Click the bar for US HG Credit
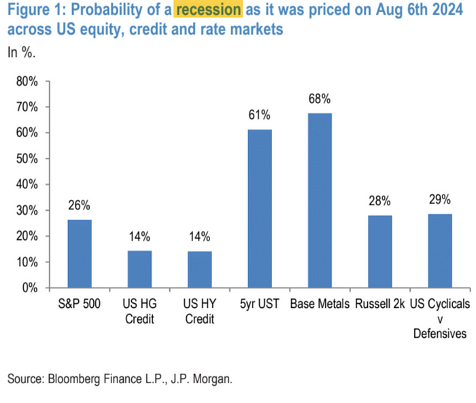(x=140, y=269)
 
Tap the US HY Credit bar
(x=199, y=269)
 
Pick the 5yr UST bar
(x=259, y=209)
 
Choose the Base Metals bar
(x=319, y=200)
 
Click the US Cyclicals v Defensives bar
(x=439, y=250)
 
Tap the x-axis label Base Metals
(x=319, y=304)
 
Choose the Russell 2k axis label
(x=379, y=304)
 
